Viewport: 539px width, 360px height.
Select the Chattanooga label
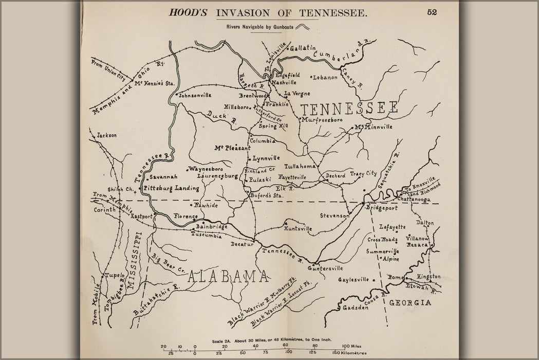414,199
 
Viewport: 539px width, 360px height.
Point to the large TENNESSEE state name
349,109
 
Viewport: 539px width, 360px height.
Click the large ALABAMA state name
229,277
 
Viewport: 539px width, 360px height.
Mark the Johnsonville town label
195,95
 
